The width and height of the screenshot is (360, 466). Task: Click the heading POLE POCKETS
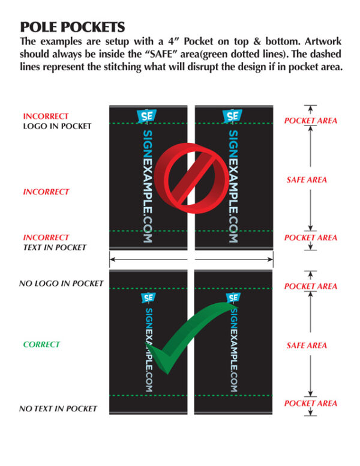tap(73, 27)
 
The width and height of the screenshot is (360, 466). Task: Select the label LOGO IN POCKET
tap(57, 126)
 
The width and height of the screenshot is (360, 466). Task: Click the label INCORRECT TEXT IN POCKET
tap(55, 243)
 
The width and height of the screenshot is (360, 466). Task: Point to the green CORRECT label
tap(41, 345)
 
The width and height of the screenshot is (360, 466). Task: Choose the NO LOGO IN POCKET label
tap(61, 283)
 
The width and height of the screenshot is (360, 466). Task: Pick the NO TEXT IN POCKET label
tap(58, 409)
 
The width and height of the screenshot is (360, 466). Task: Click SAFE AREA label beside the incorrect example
tap(307, 180)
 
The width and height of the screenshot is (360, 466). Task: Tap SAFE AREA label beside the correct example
tap(307, 345)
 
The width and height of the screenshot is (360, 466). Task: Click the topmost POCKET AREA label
tap(311, 121)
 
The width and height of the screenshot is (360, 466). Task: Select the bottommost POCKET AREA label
tap(311, 404)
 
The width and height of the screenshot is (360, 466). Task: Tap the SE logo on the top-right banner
tap(232, 116)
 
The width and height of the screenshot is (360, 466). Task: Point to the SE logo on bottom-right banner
tap(233, 297)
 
